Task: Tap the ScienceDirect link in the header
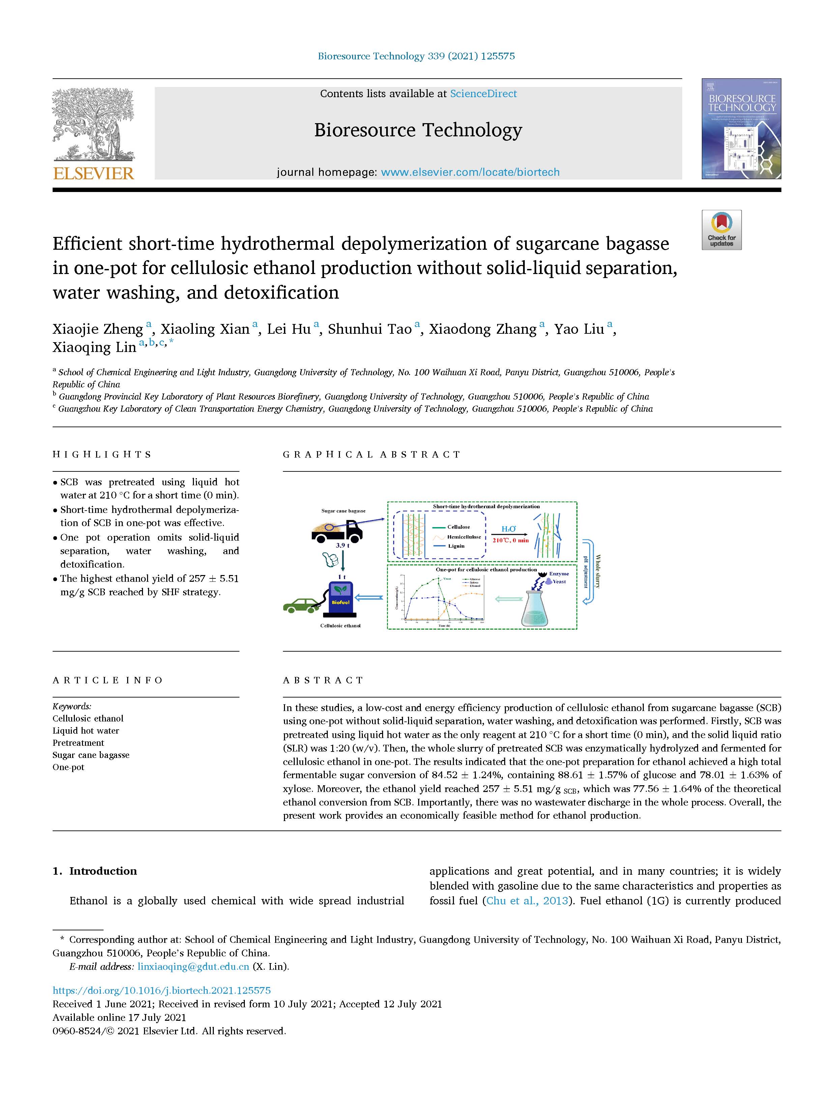[x=483, y=93]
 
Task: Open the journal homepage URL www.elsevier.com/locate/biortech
[x=470, y=172]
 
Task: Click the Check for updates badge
[x=721, y=230]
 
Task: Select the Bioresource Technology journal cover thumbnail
[x=741, y=129]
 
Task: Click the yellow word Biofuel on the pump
[x=341, y=602]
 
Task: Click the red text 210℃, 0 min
[x=510, y=540]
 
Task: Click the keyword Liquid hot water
[x=86, y=731]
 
